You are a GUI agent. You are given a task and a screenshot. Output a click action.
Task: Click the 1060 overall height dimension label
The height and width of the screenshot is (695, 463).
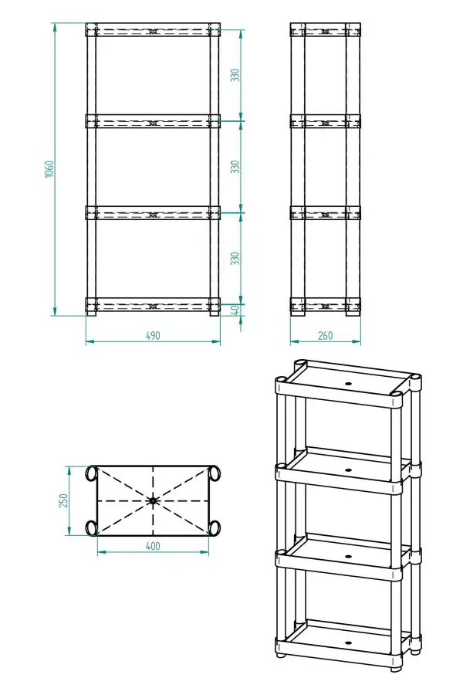click(x=49, y=169)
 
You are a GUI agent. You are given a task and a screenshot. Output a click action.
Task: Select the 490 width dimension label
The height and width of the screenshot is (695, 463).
click(x=153, y=336)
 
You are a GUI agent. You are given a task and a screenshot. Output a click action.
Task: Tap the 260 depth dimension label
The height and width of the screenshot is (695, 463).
click(x=325, y=336)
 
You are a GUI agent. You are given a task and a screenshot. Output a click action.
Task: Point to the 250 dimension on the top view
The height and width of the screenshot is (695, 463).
click(x=63, y=501)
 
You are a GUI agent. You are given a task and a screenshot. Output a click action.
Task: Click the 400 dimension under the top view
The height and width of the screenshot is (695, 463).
click(x=153, y=546)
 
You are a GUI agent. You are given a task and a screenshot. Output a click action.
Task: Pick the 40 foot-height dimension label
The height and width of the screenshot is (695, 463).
click(x=235, y=310)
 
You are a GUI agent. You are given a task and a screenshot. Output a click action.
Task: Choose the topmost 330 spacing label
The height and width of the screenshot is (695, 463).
click(x=235, y=75)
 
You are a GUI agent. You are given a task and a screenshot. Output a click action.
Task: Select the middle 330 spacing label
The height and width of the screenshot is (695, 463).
click(x=235, y=167)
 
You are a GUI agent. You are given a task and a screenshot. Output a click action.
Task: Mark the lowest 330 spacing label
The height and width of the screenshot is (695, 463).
click(x=235, y=259)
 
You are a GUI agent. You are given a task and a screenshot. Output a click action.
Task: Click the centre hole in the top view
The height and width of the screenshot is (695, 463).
click(x=153, y=501)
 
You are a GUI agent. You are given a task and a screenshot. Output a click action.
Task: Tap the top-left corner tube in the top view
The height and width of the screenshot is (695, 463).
click(x=92, y=473)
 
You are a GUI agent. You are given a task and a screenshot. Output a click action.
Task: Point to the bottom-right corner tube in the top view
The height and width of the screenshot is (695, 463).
click(x=214, y=528)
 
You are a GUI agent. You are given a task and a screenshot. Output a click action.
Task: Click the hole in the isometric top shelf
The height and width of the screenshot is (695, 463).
click(x=348, y=383)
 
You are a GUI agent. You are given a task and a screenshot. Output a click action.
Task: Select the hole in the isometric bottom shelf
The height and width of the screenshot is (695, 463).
click(x=348, y=642)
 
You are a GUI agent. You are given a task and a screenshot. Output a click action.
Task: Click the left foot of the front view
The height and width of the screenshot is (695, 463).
click(x=91, y=313)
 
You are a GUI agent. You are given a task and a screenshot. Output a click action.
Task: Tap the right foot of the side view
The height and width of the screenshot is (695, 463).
click(x=353, y=313)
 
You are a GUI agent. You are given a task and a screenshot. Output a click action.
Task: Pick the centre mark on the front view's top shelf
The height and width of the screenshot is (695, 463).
click(x=153, y=32)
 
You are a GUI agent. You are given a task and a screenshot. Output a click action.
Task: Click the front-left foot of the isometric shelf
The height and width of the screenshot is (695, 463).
click(x=280, y=655)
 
